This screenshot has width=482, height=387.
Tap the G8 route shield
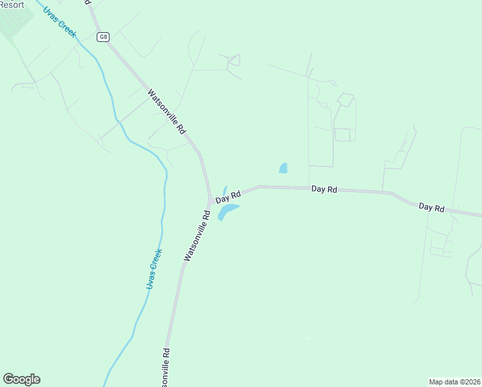tap(103, 37)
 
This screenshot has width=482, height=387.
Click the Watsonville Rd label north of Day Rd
tap(166, 111)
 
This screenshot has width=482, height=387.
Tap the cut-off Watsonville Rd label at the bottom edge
tap(166, 367)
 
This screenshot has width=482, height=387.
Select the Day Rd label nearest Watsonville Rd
tap(228, 196)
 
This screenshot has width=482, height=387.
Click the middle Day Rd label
tap(323, 189)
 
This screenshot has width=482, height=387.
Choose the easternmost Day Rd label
tap(431, 207)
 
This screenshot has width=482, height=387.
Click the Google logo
tap(21, 379)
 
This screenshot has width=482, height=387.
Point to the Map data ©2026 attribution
tap(454, 381)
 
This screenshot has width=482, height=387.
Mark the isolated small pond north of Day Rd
tap(283, 168)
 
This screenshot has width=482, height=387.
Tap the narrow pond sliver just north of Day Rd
tap(224, 191)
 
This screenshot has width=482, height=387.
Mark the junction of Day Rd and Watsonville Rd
tap(210, 202)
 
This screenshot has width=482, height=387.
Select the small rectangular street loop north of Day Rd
tap(342, 135)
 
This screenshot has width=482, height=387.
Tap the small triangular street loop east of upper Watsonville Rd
tap(235, 60)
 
